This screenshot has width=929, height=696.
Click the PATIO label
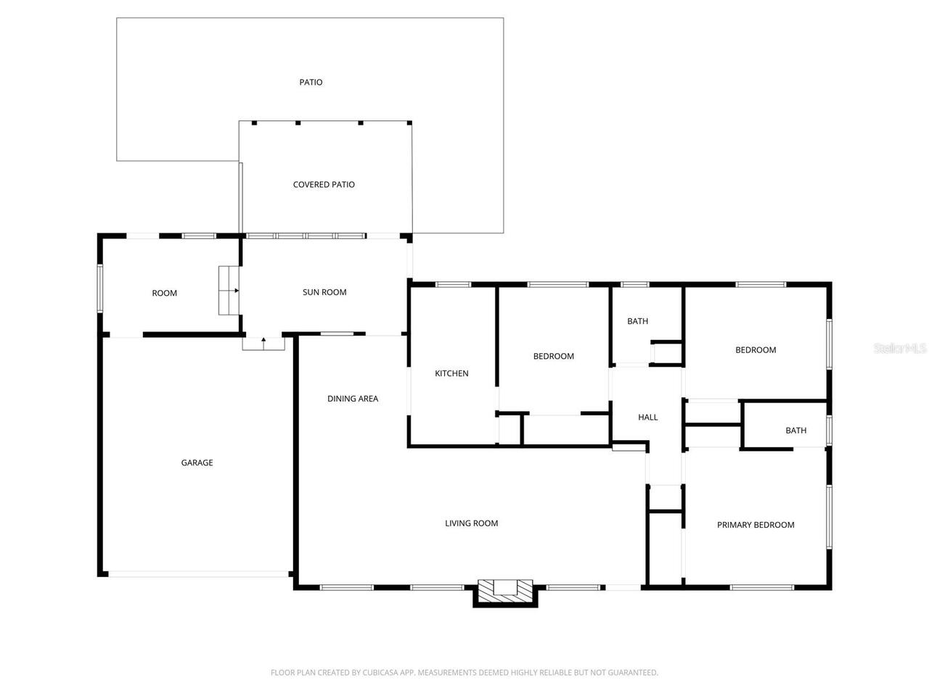[311, 82]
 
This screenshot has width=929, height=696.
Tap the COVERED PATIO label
[324, 184]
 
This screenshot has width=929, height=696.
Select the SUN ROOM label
[324, 292]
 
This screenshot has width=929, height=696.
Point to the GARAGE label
[197, 463]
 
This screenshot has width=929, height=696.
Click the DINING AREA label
[353, 399]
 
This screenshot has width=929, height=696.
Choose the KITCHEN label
[451, 373]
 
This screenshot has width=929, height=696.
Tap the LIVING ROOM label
[471, 523]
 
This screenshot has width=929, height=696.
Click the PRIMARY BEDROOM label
[756, 524]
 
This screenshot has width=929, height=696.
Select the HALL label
[647, 417]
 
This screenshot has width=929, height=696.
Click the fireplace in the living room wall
[505, 592]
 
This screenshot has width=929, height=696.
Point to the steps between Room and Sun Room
[229, 290]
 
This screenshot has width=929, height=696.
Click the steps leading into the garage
[263, 343]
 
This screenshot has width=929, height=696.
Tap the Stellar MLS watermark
[899, 348]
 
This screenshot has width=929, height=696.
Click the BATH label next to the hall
[637, 321]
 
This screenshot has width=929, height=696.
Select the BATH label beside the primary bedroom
[795, 430]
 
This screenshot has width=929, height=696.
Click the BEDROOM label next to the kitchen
[553, 356]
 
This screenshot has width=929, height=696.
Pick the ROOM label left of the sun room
[164, 293]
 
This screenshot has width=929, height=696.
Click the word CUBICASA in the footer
[379, 672]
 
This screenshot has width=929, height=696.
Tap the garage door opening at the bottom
[198, 574]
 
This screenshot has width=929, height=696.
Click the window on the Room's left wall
[100, 289]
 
